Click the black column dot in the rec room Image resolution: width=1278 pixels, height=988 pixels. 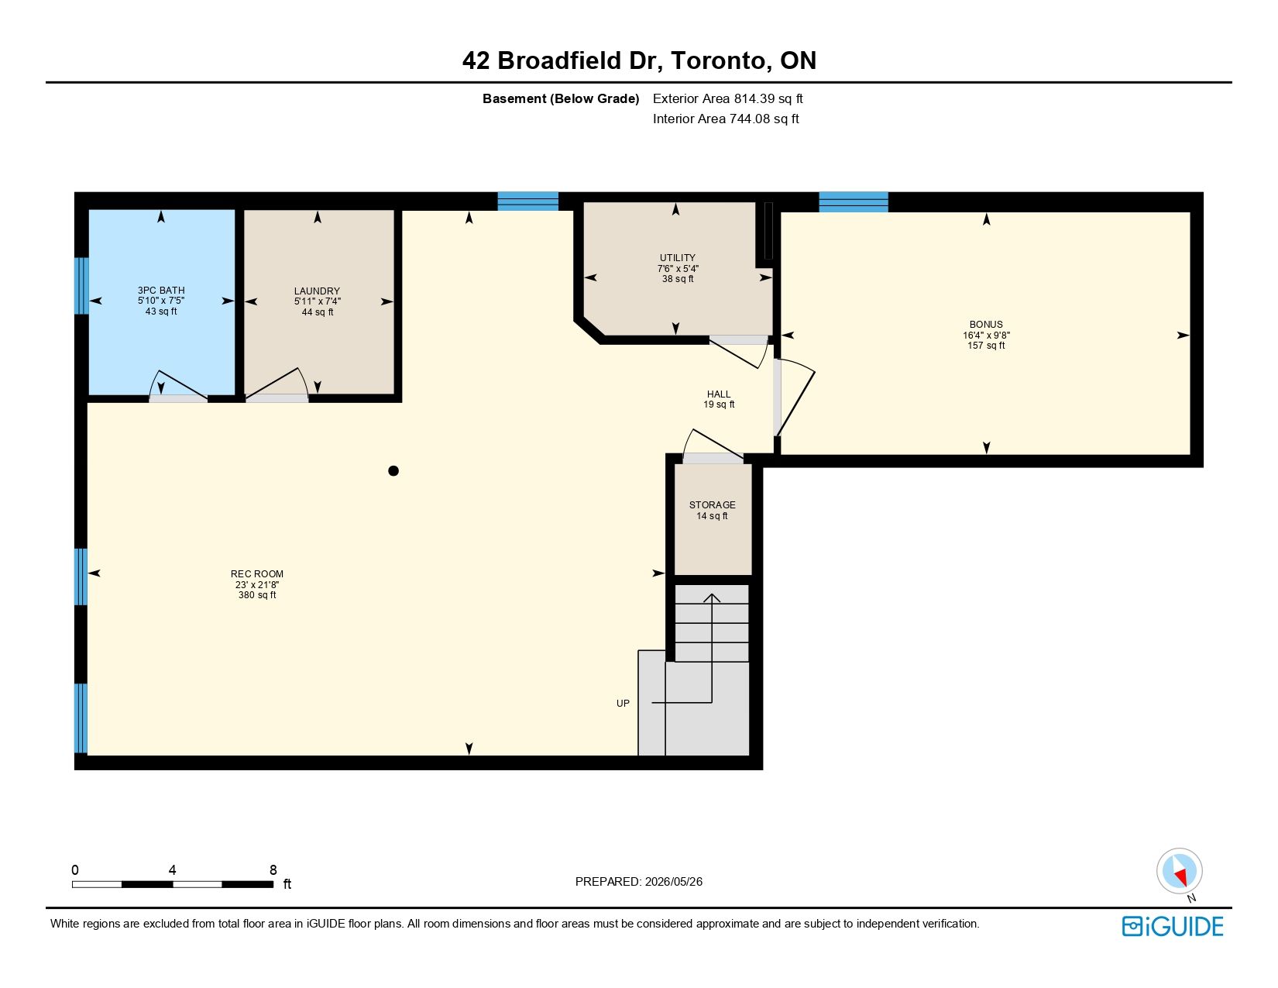393,470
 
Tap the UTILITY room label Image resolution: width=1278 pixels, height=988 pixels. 678,258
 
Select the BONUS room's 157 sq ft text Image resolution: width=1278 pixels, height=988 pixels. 986,346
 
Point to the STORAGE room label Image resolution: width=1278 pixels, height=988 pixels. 713,505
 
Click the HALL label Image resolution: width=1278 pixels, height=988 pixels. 719,394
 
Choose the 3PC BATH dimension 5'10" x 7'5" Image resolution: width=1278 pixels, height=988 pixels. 161,301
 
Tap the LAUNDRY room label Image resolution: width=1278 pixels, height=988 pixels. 317,291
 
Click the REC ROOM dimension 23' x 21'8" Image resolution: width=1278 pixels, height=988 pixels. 257,584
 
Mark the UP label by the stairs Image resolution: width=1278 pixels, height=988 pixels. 623,703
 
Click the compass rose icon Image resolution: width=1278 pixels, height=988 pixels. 1179,871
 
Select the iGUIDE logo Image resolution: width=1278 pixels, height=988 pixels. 1172,926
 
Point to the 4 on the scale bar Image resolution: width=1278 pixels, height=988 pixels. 172,869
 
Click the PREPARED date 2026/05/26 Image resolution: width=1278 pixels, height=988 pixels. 674,882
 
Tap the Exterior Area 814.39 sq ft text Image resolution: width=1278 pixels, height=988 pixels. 727,99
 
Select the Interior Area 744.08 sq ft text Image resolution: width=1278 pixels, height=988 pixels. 726,119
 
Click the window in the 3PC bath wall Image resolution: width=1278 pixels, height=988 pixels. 81,286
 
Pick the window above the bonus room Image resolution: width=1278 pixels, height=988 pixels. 854,201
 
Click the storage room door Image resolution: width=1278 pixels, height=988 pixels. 713,459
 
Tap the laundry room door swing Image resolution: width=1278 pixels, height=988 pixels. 277,384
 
